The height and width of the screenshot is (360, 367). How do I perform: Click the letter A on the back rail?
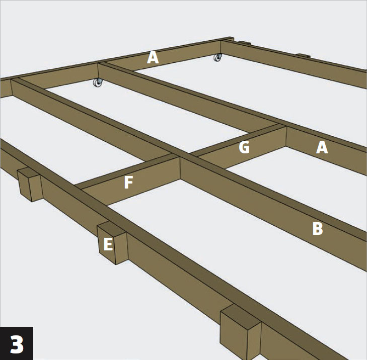153,58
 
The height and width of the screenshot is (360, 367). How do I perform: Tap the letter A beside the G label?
322,147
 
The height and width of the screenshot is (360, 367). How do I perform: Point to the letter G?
244,147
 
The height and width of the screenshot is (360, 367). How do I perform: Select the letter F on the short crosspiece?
128,183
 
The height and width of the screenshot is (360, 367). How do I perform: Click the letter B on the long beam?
318,228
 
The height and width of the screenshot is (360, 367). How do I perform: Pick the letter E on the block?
108,244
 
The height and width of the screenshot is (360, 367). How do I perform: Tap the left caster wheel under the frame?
98,82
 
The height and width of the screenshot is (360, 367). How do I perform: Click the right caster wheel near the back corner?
217,57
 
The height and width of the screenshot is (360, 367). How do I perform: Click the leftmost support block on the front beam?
30,184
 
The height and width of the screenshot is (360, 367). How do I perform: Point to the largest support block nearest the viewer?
241,332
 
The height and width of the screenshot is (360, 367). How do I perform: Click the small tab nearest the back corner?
244,43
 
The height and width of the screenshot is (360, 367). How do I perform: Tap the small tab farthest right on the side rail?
304,56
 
